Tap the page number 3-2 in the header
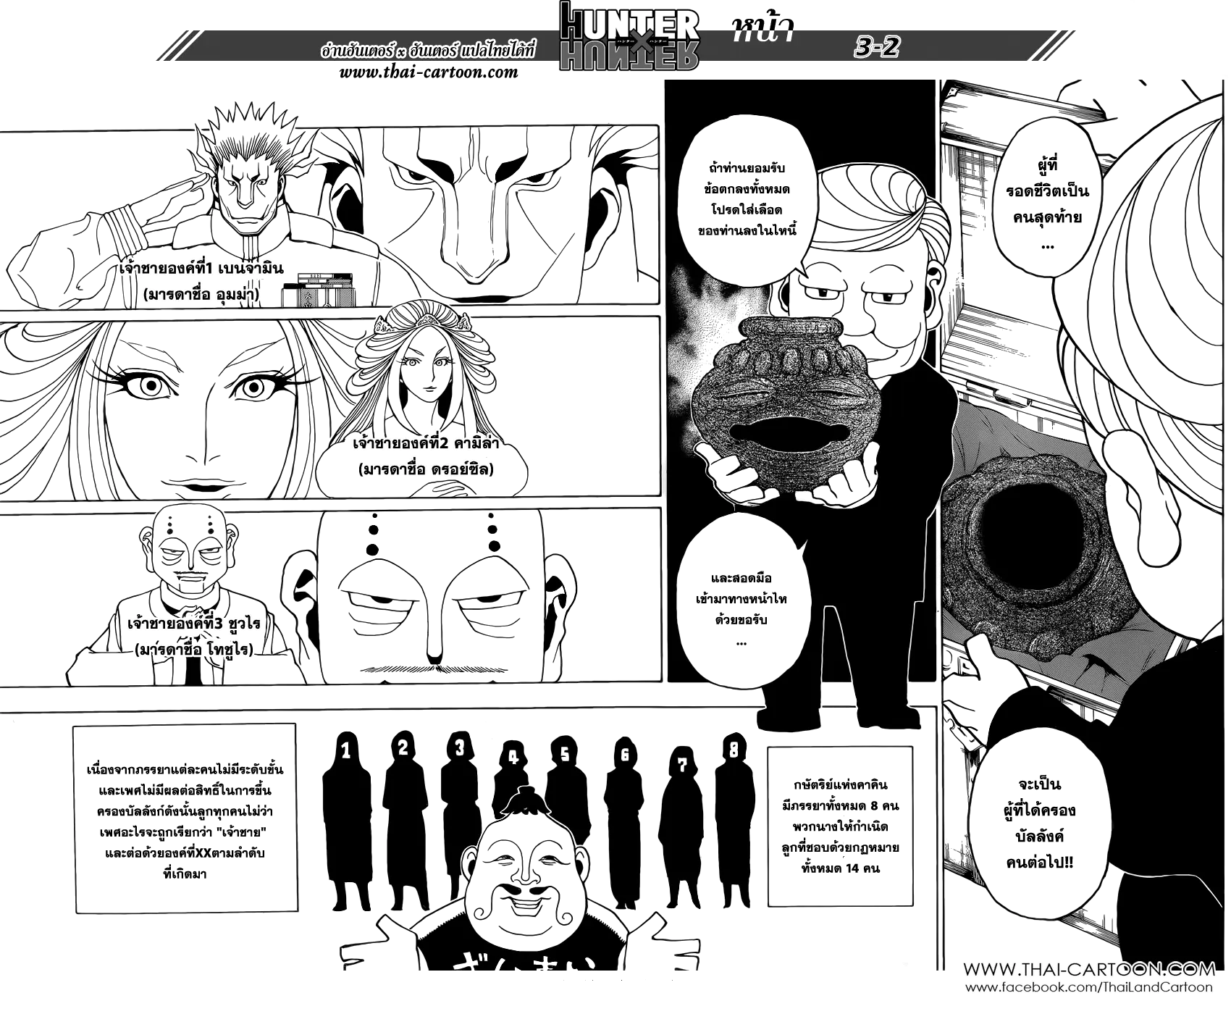876,49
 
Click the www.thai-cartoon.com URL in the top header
429,72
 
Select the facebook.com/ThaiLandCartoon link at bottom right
1090,988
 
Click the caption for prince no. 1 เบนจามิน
202,269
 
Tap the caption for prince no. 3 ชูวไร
193,624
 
